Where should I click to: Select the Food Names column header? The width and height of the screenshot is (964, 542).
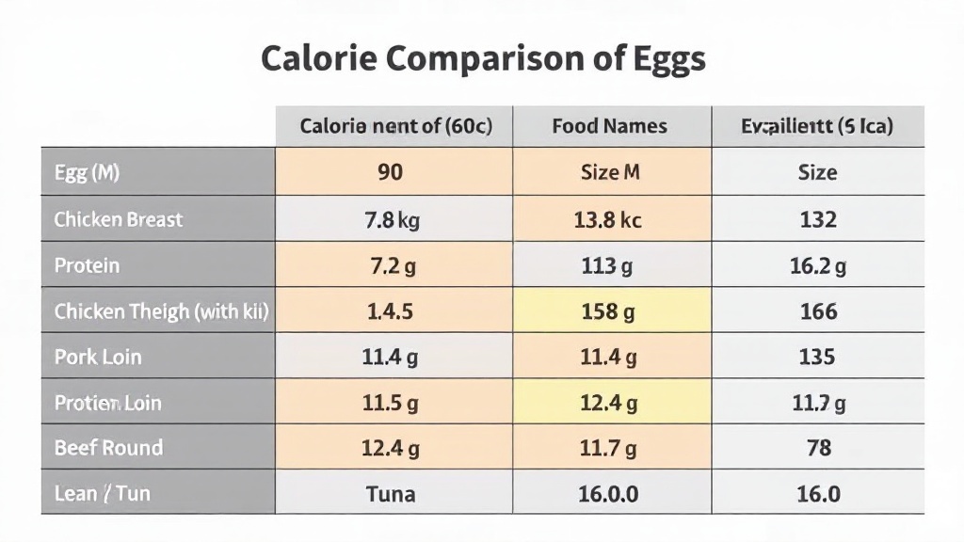609,126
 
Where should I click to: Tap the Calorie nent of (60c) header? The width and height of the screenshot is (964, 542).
395,126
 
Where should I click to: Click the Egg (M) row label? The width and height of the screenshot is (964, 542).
87,173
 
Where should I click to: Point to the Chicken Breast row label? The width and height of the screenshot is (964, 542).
119,219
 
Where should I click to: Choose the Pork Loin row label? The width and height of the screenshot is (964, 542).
98,358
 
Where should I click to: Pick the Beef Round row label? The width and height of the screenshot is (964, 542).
108,448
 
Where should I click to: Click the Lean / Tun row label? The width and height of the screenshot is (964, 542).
102,493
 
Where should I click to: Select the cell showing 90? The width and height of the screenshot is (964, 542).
390,173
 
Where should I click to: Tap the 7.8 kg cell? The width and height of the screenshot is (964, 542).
392,220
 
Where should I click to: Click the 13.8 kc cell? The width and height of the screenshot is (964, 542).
607,220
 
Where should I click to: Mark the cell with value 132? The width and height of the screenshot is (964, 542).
818,220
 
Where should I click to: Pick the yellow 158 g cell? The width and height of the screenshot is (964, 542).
607,311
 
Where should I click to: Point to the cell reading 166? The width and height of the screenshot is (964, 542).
818,311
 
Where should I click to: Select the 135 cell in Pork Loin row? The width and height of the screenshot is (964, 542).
816,358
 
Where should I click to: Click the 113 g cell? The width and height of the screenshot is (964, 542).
607,266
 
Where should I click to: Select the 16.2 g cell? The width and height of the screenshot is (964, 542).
818,266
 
